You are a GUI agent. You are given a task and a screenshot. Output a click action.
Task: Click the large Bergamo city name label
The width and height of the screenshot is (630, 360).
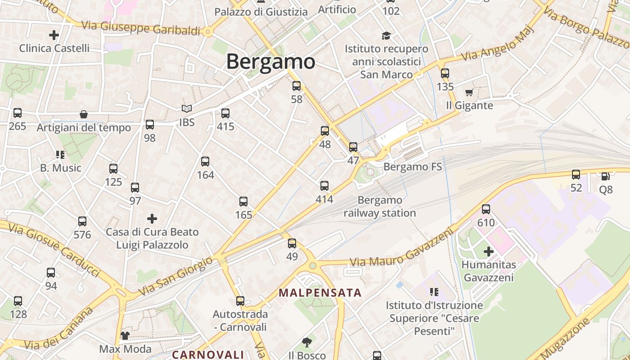click(x=270, y=61)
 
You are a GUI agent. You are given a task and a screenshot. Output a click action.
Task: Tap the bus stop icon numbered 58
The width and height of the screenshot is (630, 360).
click(x=297, y=86)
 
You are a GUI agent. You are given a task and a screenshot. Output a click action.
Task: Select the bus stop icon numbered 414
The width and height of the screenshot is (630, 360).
click(x=324, y=185)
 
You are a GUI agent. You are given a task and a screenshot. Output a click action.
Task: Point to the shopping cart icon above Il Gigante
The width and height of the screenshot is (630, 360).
click(x=469, y=92)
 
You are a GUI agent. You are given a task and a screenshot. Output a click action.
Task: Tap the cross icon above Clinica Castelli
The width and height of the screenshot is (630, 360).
click(x=54, y=35)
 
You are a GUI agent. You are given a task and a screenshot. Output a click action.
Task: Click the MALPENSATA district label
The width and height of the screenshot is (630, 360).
click(x=320, y=293)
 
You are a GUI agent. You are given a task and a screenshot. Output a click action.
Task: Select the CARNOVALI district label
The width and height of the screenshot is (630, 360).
click(x=208, y=355)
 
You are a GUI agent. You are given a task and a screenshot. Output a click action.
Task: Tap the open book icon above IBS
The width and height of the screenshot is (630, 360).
click(x=187, y=108)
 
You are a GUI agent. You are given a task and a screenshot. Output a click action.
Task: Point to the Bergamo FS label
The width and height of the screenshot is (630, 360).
click(x=412, y=167)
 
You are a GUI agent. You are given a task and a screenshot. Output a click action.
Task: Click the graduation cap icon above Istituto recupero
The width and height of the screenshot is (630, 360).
click(x=386, y=35)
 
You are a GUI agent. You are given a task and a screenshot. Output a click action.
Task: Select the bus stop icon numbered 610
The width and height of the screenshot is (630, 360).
click(x=486, y=209)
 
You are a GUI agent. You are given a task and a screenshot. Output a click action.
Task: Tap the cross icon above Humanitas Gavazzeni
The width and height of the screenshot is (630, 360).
click(x=489, y=251)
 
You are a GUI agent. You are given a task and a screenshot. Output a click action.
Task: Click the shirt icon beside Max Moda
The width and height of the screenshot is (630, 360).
click(x=125, y=335)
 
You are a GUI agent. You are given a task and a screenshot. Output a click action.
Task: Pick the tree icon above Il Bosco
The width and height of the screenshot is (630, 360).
click(x=307, y=342)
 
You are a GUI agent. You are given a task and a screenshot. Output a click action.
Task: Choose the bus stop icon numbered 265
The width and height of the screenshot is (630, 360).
click(x=18, y=112)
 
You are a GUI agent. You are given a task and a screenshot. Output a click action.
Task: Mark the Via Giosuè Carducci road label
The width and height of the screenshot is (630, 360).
click(x=54, y=250)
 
